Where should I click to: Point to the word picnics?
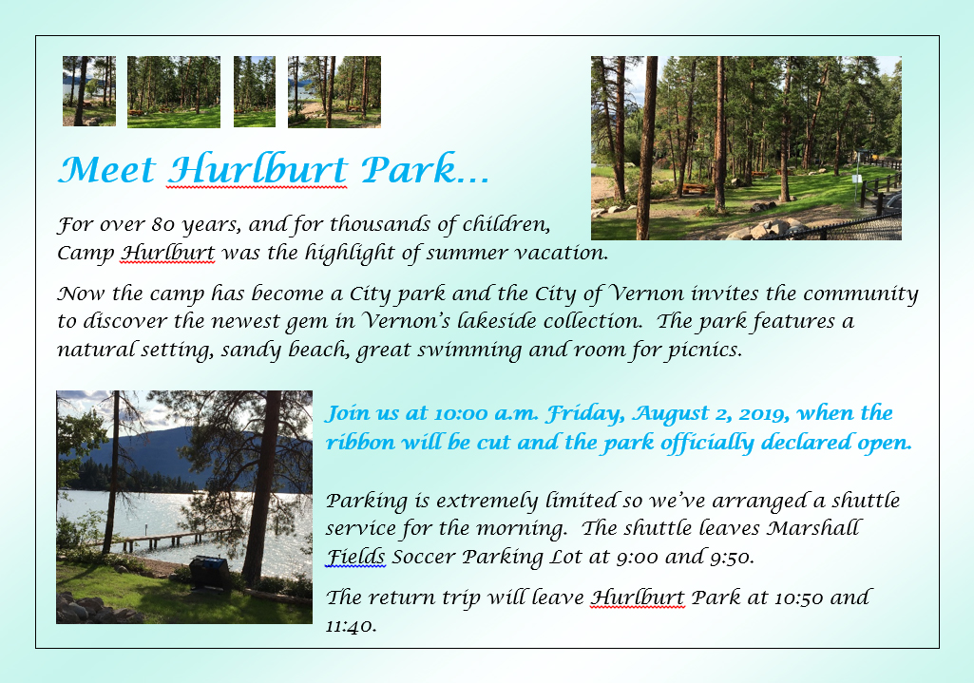click(697, 350)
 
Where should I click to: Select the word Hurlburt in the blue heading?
click(257, 170)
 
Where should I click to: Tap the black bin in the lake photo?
click(208, 572)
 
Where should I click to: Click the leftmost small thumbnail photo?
click(88, 91)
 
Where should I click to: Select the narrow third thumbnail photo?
click(254, 91)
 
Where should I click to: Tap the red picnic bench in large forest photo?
click(694, 188)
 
